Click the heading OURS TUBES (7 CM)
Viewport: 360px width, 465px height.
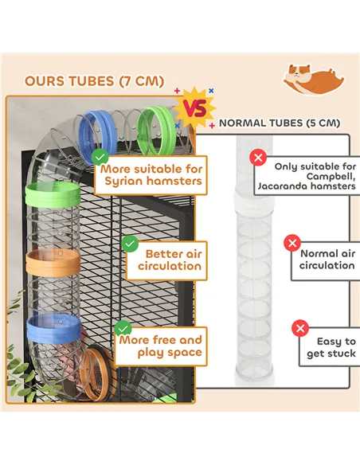pyautogui.click(x=94, y=81)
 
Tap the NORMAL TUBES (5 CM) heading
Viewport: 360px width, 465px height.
pyautogui.click(x=279, y=123)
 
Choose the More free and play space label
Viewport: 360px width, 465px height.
pyautogui.click(x=160, y=346)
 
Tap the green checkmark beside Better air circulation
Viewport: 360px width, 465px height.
pyautogui.click(x=129, y=243)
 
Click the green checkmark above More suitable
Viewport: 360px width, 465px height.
pyautogui.click(x=100, y=157)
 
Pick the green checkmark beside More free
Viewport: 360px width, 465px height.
pyautogui.click(x=123, y=327)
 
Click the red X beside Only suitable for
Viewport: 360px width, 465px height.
pyautogui.click(x=257, y=158)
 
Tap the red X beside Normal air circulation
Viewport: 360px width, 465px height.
pyautogui.click(x=292, y=244)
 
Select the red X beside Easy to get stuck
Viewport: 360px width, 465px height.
pyautogui.click(x=299, y=328)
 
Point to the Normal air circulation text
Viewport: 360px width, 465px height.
pyautogui.click(x=327, y=260)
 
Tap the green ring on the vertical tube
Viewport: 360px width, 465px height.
pyautogui.click(x=51, y=193)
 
